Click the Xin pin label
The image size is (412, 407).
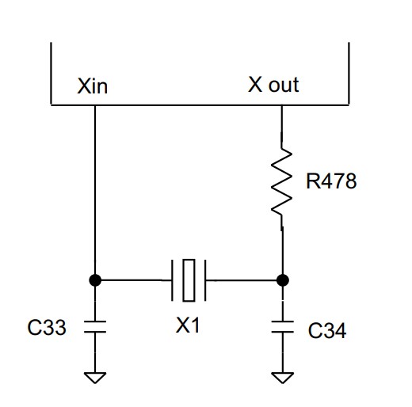93,86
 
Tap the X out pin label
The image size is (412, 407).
273,85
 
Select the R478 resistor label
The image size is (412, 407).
331,181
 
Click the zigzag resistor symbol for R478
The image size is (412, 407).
282,182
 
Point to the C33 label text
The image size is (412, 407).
47,327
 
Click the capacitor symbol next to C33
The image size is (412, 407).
95,326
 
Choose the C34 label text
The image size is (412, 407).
327,330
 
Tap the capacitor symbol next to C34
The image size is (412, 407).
282,326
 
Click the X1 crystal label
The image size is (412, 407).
188,325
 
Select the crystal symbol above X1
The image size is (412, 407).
189,280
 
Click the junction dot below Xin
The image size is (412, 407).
95,280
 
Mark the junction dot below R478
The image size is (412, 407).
282,280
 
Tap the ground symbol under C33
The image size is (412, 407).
95,378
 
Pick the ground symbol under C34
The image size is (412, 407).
282,378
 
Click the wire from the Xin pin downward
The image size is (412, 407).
95,190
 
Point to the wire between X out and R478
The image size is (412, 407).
281,127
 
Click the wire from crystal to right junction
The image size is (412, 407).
241,280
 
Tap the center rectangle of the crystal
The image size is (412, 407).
189,280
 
